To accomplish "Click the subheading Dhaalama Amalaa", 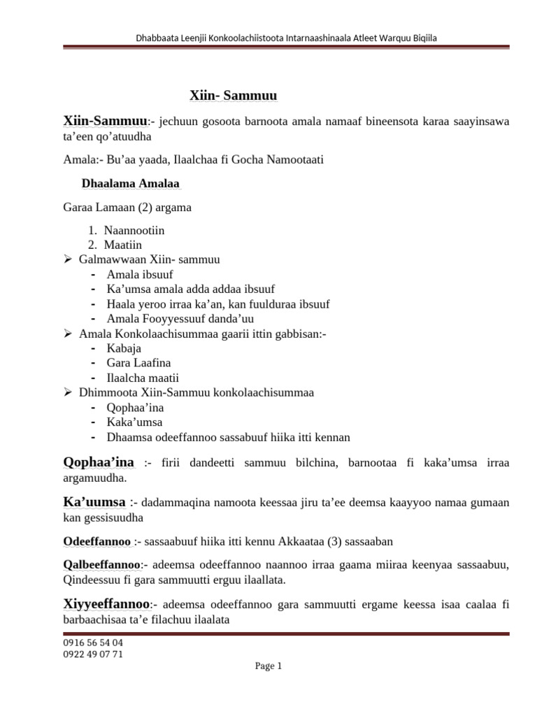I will pyautogui.click(x=131, y=184).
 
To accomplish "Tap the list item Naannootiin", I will pyautogui.click(x=134, y=230).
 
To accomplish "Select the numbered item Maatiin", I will pyautogui.click(x=123, y=244).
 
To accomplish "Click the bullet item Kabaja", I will pyautogui.click(x=123, y=348).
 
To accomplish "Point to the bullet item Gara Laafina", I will pyautogui.click(x=138, y=363).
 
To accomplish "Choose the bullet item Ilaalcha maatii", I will pyautogui.click(x=138, y=378).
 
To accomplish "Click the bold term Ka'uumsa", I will pyautogui.click(x=95, y=502).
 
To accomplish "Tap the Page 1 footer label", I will pyautogui.click(x=268, y=666).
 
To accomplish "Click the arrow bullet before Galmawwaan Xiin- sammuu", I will pyautogui.click(x=69, y=259).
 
